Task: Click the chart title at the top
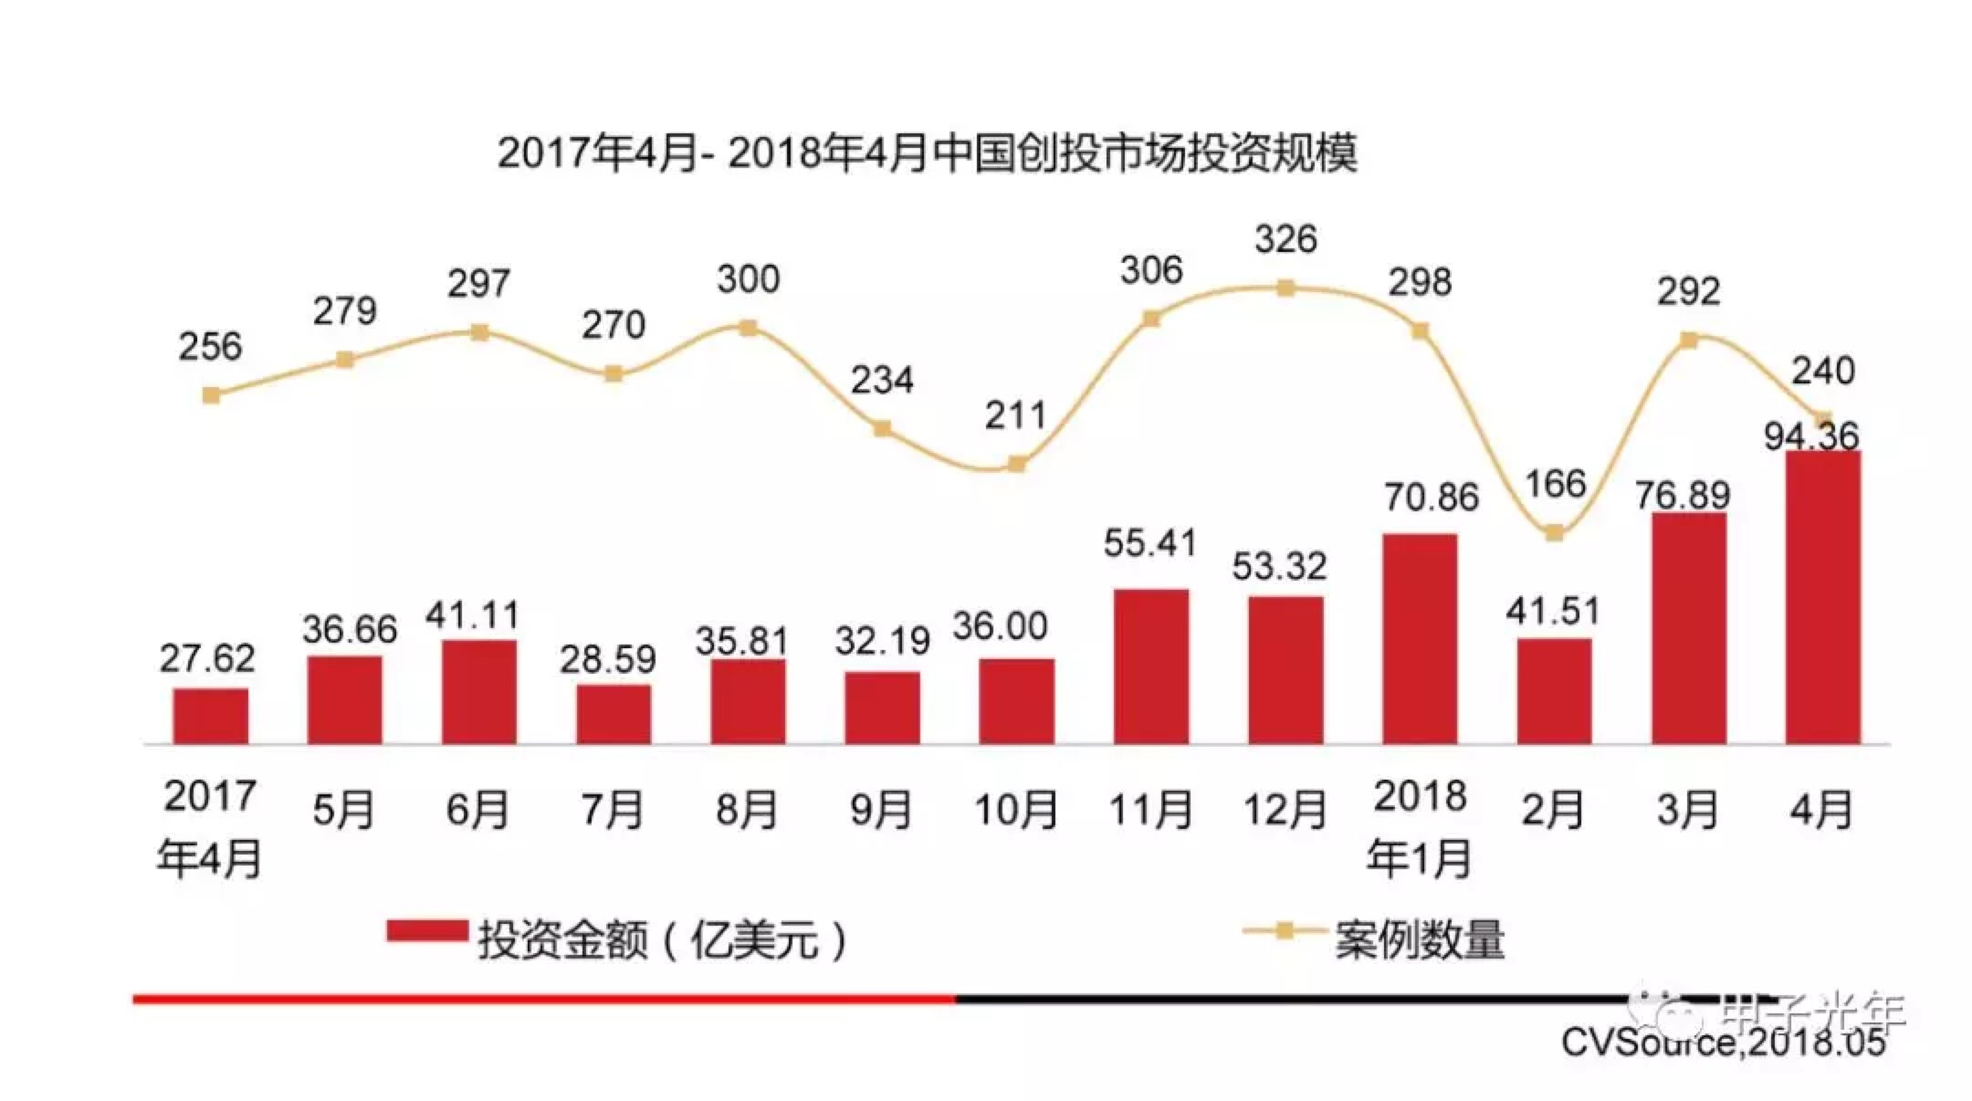pyautogui.click(x=927, y=152)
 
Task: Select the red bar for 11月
pyautogui.click(x=1150, y=666)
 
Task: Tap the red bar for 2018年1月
pyautogui.click(x=1420, y=639)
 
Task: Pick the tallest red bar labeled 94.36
pyautogui.click(x=1822, y=598)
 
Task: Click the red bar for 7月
pyautogui.click(x=614, y=714)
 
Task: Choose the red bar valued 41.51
pyautogui.click(x=1554, y=691)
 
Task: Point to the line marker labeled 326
pyautogui.click(x=1285, y=288)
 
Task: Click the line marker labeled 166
pyautogui.click(x=1554, y=533)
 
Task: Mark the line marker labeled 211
pyautogui.click(x=1016, y=464)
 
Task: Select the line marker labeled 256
pyautogui.click(x=211, y=395)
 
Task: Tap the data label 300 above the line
pyautogui.click(x=748, y=279)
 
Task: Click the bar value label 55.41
pyautogui.click(x=1149, y=543)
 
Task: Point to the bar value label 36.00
pyautogui.click(x=1000, y=626)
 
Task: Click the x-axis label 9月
pyautogui.click(x=881, y=810)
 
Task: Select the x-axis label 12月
pyautogui.click(x=1285, y=810)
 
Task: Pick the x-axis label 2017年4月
pyautogui.click(x=210, y=828)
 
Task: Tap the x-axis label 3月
pyautogui.click(x=1687, y=810)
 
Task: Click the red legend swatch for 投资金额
pyautogui.click(x=426, y=931)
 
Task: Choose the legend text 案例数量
pyautogui.click(x=1420, y=940)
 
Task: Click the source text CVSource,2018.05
pyautogui.click(x=1723, y=1043)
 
